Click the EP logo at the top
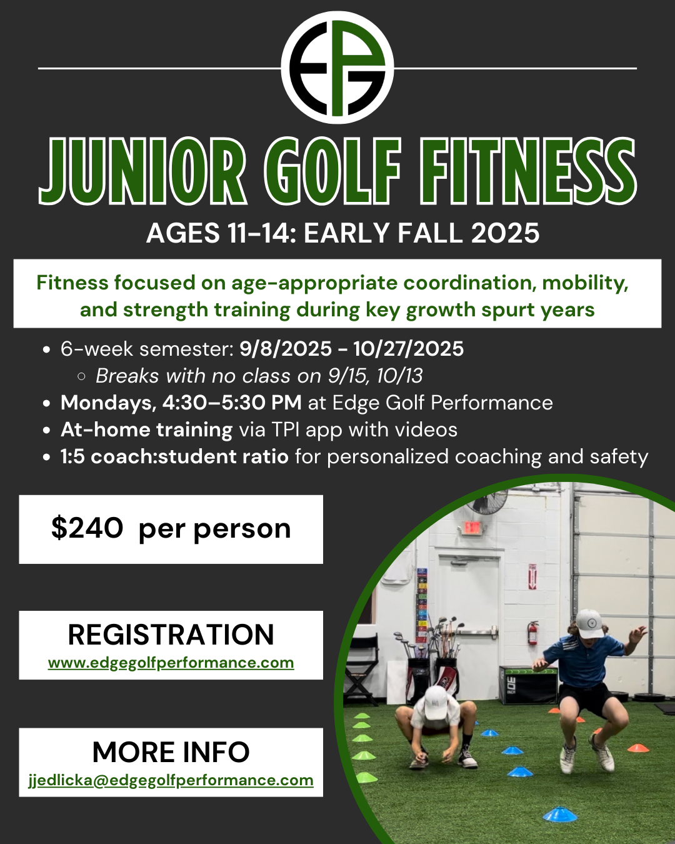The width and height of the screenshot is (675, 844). tap(337, 68)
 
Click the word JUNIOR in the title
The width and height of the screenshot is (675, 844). tap(142, 171)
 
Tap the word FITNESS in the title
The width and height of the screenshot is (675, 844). tap(528, 171)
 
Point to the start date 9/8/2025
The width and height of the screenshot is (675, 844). tap(286, 349)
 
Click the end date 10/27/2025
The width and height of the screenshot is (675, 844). tap(408, 349)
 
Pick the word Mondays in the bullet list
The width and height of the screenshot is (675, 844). tap(109, 403)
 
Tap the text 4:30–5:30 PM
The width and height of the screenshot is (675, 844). tap(232, 403)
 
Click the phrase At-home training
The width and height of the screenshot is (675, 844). tap(146, 430)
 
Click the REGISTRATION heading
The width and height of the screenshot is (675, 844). tap(171, 635)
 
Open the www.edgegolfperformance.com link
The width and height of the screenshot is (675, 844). tap(171, 663)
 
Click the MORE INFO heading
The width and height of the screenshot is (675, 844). tap(171, 752)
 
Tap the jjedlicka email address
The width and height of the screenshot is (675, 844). tap(171, 780)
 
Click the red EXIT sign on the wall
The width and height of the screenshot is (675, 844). tap(472, 528)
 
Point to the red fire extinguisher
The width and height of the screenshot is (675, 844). tap(532, 633)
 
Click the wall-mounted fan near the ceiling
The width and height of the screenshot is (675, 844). tap(487, 501)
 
